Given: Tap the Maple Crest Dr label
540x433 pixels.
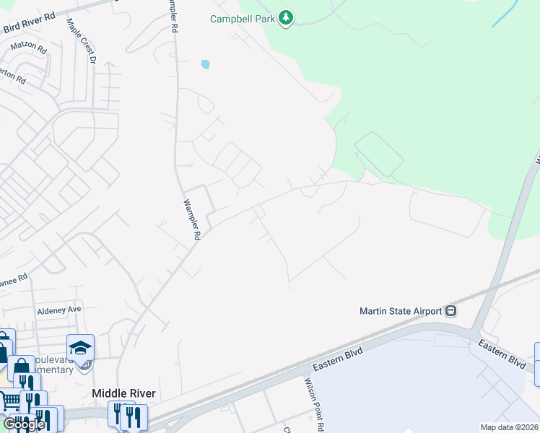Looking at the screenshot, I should point(81,41).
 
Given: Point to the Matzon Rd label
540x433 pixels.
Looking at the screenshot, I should point(28,49).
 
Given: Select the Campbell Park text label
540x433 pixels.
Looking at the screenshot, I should point(243,19).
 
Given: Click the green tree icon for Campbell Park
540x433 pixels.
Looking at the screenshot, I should point(286,18).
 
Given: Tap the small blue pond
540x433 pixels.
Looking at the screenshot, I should point(205,64).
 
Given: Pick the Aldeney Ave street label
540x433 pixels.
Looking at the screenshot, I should point(59,310).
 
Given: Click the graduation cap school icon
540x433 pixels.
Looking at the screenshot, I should point(81,347).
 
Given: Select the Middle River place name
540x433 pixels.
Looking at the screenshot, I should point(123,393).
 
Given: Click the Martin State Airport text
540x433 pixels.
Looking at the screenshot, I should point(401,311).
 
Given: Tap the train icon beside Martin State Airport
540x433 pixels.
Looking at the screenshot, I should point(451,311).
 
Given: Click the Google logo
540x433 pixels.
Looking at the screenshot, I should point(24,424).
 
